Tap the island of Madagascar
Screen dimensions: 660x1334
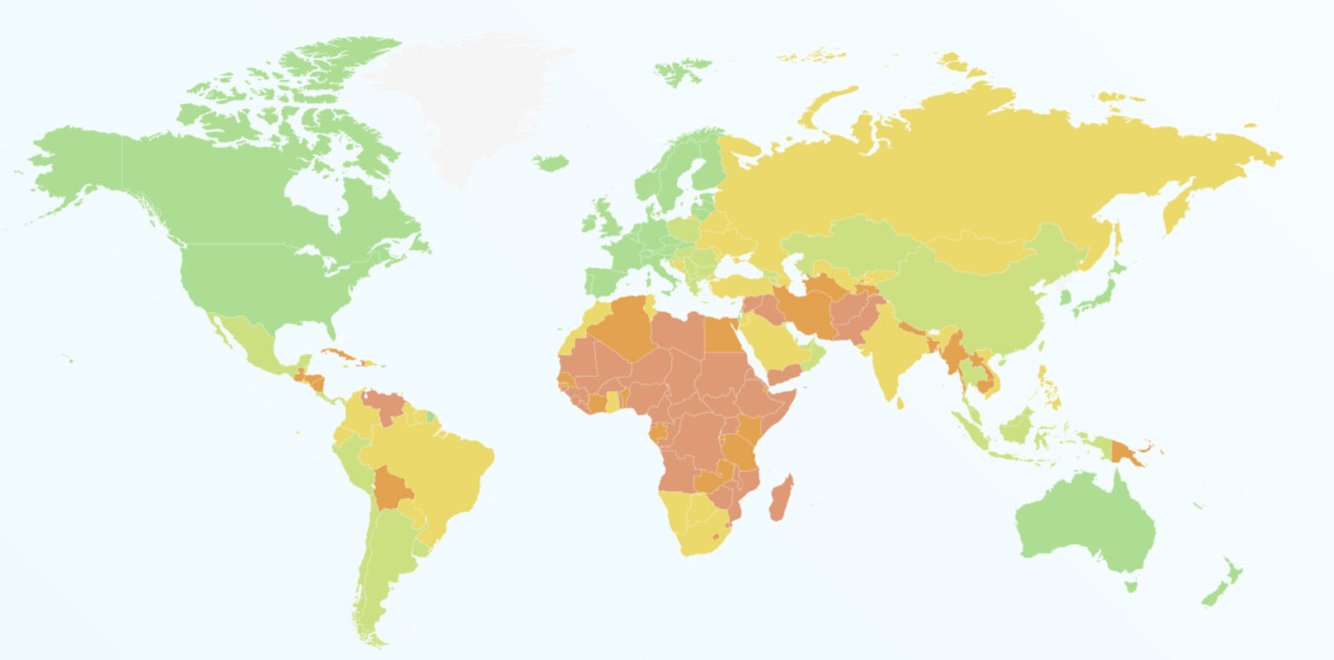[x=781, y=498]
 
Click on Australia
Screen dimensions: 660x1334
[x=1086, y=521]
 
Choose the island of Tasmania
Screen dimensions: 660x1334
[x=1132, y=587]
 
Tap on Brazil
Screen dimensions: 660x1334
[x=426, y=469]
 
